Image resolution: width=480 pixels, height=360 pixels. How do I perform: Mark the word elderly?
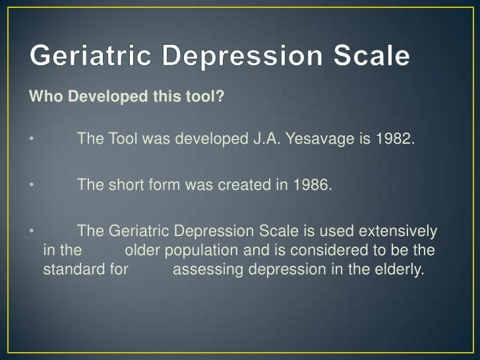click(395, 270)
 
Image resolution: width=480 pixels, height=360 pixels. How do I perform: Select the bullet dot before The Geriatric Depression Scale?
click(30, 232)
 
